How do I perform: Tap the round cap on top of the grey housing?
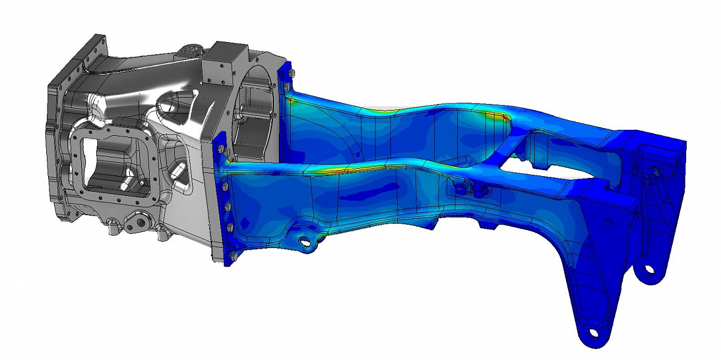click(x=192, y=48)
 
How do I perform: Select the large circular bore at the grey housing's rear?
click(x=256, y=114)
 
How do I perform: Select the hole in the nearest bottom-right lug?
click(x=593, y=332)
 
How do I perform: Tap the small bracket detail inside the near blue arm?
click(x=466, y=189)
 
